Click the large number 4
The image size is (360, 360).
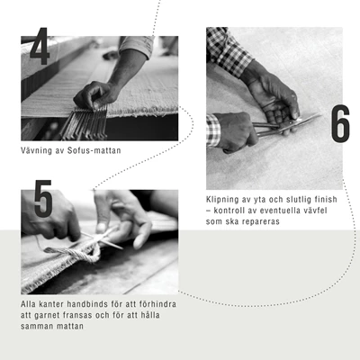(x=40, y=46)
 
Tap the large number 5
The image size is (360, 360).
(x=43, y=198)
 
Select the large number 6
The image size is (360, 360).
(x=340, y=123)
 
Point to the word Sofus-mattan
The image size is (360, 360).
(x=94, y=150)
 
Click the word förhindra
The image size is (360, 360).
(x=157, y=304)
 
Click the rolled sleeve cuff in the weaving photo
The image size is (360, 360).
(x=137, y=46)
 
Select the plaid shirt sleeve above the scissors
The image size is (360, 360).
(x=228, y=50)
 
